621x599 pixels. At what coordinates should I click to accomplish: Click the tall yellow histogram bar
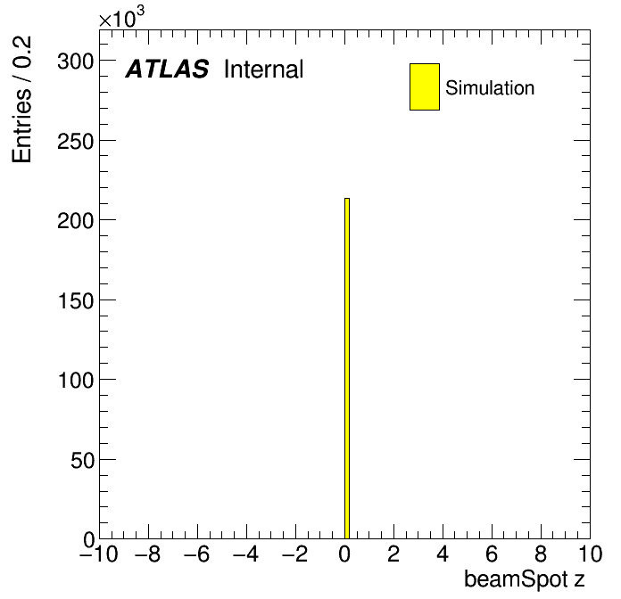pos(347,368)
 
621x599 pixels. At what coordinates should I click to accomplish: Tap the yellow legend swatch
pos(425,86)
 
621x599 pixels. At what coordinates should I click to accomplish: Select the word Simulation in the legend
pos(490,88)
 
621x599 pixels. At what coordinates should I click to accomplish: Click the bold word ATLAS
pos(167,69)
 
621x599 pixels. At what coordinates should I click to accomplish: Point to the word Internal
pos(264,69)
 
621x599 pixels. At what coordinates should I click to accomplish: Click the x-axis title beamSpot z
pos(525,579)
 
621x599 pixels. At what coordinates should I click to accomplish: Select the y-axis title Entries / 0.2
pos(21,99)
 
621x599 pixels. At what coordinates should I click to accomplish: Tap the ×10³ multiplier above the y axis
pos(121,17)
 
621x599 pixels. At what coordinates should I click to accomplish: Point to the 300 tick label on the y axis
pos(76,62)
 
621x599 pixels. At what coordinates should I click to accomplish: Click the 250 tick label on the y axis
pos(76,141)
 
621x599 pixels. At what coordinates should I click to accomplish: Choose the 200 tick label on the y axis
pos(76,221)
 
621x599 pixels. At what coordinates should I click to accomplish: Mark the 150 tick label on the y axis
pos(76,300)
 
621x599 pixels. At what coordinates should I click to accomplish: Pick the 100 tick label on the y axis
pos(76,381)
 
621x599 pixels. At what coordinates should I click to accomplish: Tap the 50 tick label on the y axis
pos(82,460)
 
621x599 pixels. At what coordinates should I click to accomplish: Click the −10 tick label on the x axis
pos(99,554)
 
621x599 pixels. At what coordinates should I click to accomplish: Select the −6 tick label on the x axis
pos(197,554)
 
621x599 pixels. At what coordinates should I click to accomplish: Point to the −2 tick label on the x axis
pos(295,554)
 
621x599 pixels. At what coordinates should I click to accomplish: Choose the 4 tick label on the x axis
pos(443,554)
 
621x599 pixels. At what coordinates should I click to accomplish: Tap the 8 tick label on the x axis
pos(541,554)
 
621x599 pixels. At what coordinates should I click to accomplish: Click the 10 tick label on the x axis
pos(590,554)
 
